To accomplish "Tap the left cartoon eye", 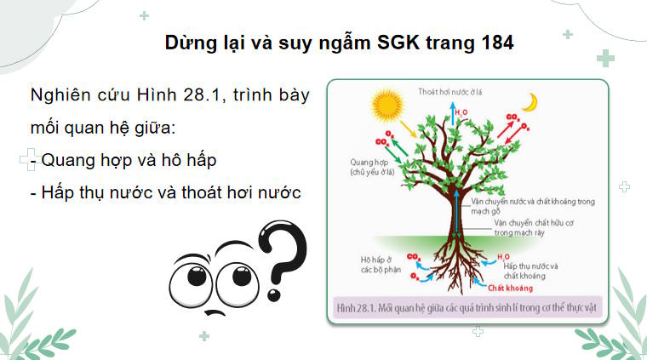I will [x=192, y=275].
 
